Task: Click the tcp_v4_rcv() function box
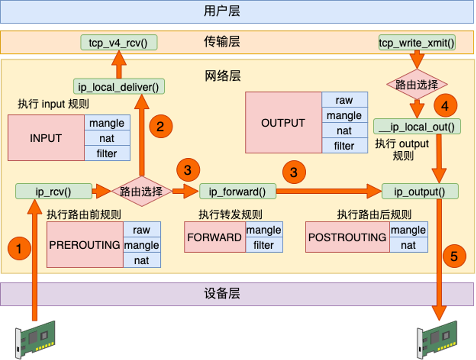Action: [119, 42]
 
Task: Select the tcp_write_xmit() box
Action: [417, 42]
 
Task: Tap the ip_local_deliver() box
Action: [119, 86]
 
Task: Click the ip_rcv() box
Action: [53, 191]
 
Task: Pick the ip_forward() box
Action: [237, 191]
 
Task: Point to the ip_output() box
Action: [420, 191]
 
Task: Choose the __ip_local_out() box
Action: [417, 126]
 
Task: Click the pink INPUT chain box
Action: [45, 138]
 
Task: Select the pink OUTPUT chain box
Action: [283, 122]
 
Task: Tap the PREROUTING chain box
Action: [85, 245]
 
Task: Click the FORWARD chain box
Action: [215, 237]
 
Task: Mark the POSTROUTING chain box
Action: [347, 237]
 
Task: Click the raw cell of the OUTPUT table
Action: [344, 100]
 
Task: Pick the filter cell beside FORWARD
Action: [263, 245]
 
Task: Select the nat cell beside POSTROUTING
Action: [408, 245]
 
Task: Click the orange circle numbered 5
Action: [454, 256]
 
